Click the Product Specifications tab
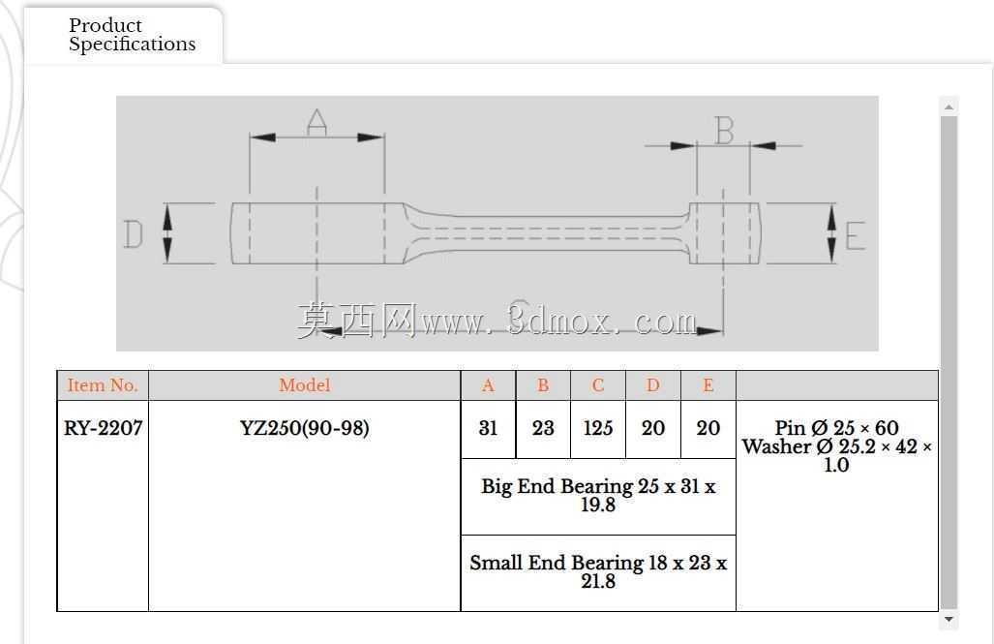(x=132, y=34)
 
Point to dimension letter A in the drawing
(x=316, y=122)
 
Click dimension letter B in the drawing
(x=724, y=131)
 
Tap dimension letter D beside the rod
(x=134, y=234)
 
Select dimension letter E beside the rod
(x=856, y=235)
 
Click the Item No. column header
(x=103, y=385)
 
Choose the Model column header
(x=304, y=385)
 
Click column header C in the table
(x=598, y=385)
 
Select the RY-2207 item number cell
(x=103, y=428)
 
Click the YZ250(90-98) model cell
(x=304, y=428)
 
